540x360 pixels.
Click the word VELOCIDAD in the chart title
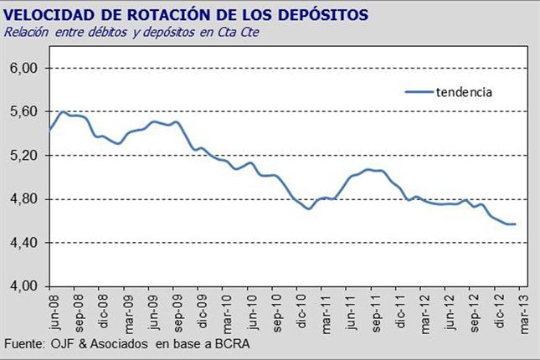(x=49, y=15)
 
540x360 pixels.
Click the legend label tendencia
(x=464, y=92)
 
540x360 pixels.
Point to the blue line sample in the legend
(x=419, y=92)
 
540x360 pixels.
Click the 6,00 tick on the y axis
(x=23, y=68)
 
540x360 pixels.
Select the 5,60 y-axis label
(x=23, y=111)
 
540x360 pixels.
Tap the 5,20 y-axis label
(x=23, y=156)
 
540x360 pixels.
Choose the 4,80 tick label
(x=23, y=199)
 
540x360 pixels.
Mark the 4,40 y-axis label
(x=23, y=243)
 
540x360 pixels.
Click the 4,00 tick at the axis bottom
(x=23, y=286)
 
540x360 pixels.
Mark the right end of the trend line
(x=516, y=224)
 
